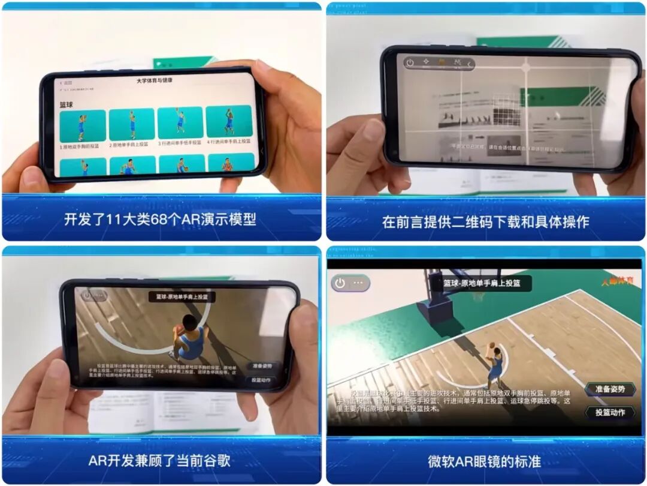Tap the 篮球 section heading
66,104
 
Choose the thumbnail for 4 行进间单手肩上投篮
228,121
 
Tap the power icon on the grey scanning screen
410,62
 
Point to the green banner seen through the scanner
554,97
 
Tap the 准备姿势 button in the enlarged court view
610,389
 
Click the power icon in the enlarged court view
340,283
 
